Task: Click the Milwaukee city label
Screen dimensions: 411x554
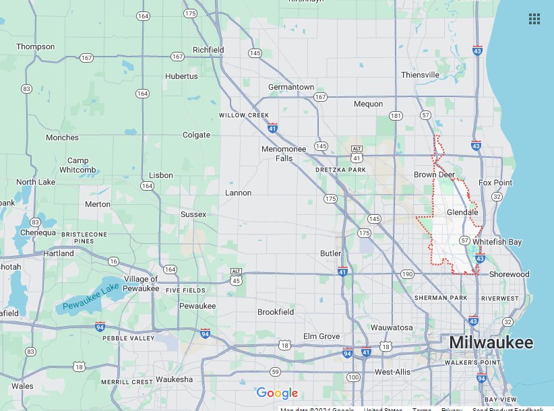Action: tap(491, 343)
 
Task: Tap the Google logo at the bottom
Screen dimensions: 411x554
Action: tap(276, 393)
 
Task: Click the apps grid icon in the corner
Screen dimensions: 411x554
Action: tap(534, 19)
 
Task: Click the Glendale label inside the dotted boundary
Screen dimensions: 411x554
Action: tap(462, 212)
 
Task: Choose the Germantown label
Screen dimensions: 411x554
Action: tap(291, 87)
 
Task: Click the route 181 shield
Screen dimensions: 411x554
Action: tap(396, 116)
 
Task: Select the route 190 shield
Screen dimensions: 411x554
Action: tap(406, 274)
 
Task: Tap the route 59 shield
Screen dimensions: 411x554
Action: tap(275, 371)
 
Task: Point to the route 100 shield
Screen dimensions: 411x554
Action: tap(353, 377)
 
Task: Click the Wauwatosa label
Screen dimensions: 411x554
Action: tap(392, 327)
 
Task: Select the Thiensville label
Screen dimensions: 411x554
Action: tap(420, 75)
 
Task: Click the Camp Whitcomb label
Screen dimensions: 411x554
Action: tap(82, 165)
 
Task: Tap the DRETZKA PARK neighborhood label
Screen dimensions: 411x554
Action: tap(340, 170)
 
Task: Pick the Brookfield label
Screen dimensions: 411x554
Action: tap(276, 312)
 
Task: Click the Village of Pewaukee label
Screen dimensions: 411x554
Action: tap(141, 283)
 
